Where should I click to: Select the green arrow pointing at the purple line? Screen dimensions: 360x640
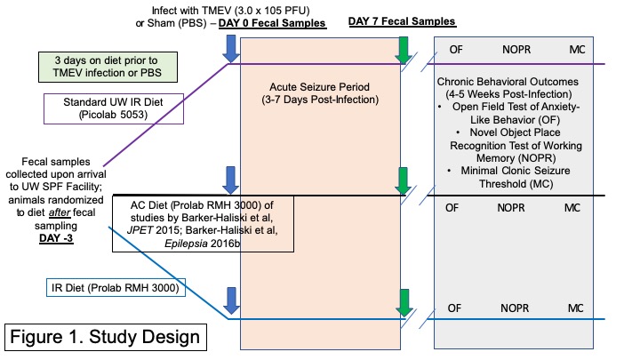(x=404, y=50)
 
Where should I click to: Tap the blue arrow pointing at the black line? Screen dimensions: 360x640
(x=230, y=180)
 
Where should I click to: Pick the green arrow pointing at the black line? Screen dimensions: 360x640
(x=404, y=180)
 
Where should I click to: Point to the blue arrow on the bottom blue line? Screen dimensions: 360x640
(x=230, y=303)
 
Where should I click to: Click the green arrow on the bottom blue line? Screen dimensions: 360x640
(x=404, y=303)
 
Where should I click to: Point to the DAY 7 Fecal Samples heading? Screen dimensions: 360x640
(x=402, y=20)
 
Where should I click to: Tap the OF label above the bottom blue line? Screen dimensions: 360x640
(x=452, y=308)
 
